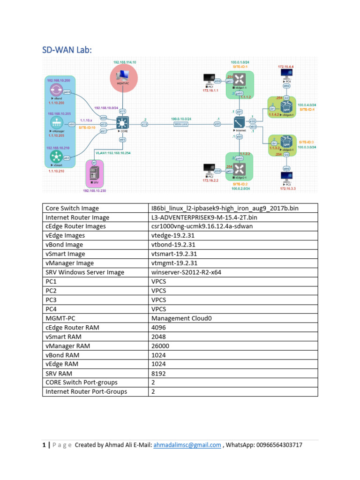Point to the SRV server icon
pyautogui.click(x=94, y=174)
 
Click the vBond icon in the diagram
pyautogui.click(x=56, y=90)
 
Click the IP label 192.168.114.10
pyautogui.click(x=124, y=62)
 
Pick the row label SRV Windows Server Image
pyautogui.click(x=85, y=272)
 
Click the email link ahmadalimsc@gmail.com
pyautogui.click(x=187, y=445)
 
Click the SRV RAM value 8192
pyautogui.click(x=158, y=373)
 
